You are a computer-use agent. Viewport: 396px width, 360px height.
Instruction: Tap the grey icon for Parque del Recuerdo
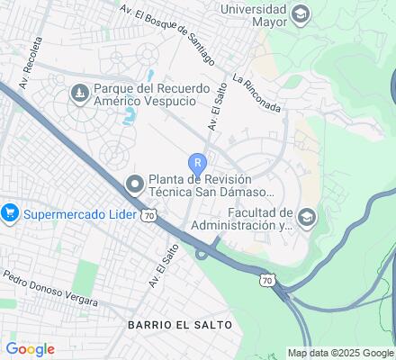(x=79, y=91)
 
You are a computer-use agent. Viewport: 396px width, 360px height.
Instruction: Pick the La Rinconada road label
(x=256, y=94)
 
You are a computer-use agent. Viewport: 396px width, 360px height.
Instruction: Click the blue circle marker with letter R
(x=198, y=163)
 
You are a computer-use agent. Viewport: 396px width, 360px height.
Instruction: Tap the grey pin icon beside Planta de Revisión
(x=135, y=184)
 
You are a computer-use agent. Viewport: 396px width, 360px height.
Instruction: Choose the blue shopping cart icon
(x=10, y=213)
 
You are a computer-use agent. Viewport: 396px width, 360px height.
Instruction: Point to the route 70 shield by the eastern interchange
(x=266, y=282)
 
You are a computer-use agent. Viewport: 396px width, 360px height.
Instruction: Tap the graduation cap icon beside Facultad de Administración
(x=307, y=216)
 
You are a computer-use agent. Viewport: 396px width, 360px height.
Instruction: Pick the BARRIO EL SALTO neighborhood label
(x=179, y=323)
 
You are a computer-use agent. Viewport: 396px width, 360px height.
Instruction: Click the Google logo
(x=30, y=349)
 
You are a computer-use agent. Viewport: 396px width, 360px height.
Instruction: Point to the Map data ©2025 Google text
(x=341, y=353)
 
